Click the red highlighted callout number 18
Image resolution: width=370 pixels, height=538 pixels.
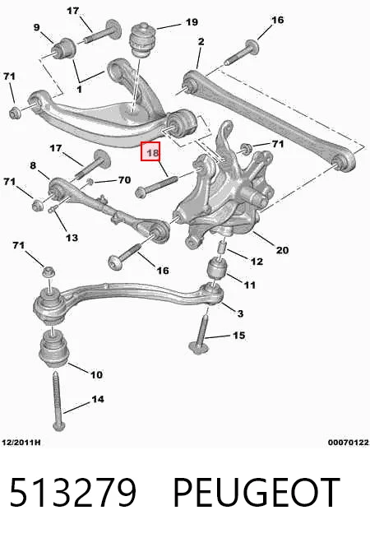[x=150, y=151]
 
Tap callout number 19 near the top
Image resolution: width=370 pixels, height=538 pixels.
[x=192, y=22]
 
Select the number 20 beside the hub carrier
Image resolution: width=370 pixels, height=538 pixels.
[x=282, y=250]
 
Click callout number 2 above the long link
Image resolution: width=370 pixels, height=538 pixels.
[x=201, y=41]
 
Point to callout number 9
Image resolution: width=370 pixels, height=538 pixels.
[x=37, y=27]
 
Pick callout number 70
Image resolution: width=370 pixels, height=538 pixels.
[x=124, y=180]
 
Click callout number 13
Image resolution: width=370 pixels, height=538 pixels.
[x=72, y=238]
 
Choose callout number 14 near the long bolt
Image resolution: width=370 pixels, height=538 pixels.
[x=98, y=399]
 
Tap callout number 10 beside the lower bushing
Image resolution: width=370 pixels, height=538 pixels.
[x=96, y=374]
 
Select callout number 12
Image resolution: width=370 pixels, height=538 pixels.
[x=257, y=262]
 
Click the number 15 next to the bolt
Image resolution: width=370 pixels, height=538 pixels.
[x=239, y=335]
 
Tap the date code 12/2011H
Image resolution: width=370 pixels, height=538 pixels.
[x=21, y=443]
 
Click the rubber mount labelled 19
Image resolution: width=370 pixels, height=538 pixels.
[x=142, y=39]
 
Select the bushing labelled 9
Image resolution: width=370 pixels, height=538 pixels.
[x=64, y=49]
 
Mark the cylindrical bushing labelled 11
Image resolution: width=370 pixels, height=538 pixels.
[x=218, y=268]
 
